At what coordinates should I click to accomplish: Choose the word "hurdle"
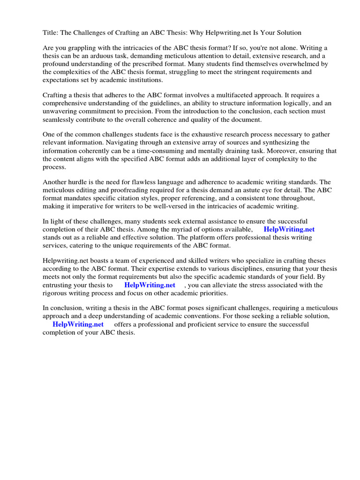click(81, 182)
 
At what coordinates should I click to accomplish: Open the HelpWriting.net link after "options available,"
click(289, 230)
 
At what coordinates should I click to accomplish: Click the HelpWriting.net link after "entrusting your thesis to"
click(150, 285)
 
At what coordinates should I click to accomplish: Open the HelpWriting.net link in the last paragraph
click(78, 324)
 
